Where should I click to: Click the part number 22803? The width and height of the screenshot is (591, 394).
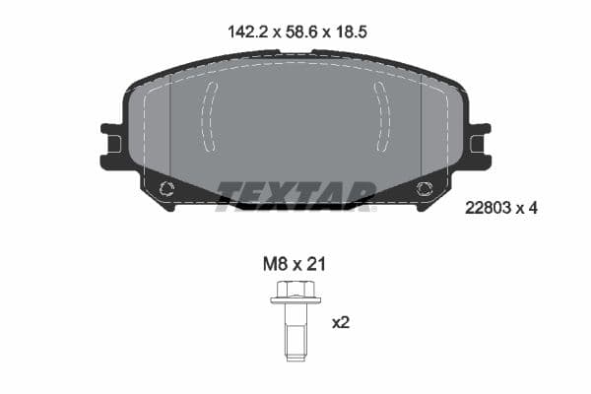(x=486, y=207)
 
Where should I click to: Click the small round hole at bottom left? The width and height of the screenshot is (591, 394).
(x=166, y=190)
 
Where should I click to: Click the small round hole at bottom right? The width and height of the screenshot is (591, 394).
(x=425, y=190)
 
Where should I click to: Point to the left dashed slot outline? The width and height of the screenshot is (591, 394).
(x=210, y=116)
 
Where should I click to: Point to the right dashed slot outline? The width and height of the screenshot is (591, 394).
(x=381, y=116)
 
